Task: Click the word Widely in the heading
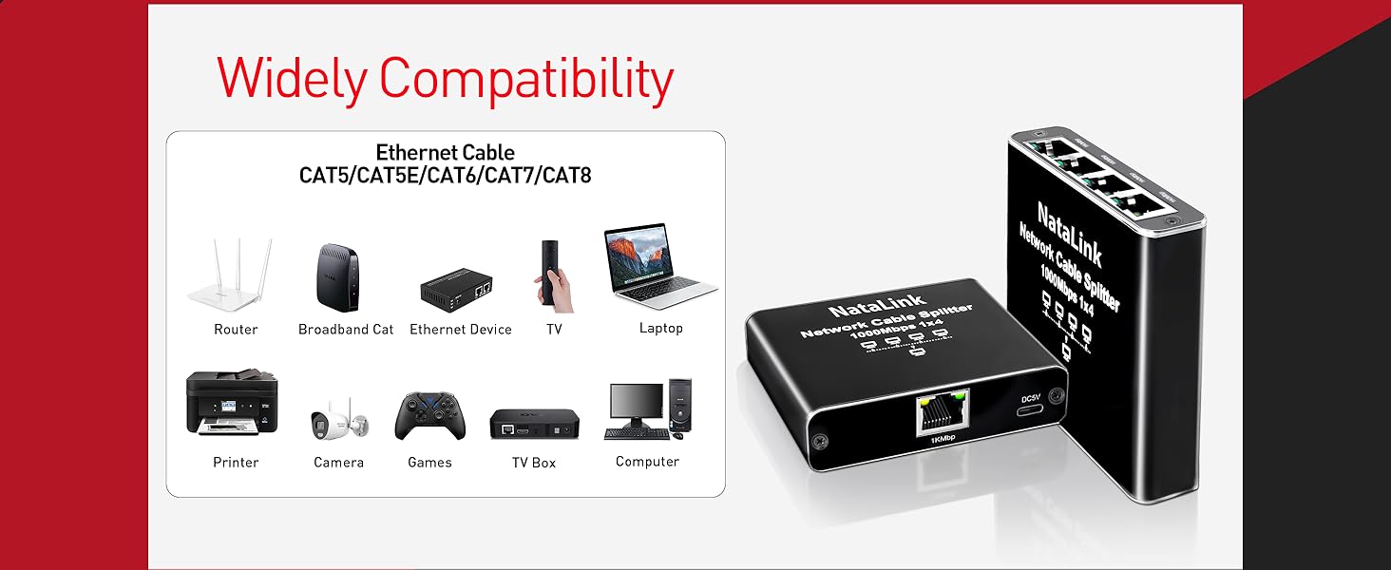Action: pos(291,80)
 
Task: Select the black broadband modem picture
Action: pos(337,277)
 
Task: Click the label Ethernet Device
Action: pos(461,330)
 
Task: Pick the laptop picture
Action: pos(658,269)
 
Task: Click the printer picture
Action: pos(232,404)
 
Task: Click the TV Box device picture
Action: pos(534,423)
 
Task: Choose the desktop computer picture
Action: pos(650,409)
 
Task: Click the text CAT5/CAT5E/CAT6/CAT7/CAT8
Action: pos(445,176)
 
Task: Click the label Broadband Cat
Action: pos(346,330)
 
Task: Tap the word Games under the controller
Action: pos(429,463)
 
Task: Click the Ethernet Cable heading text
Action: pos(445,153)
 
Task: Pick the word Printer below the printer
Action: pos(236,463)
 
